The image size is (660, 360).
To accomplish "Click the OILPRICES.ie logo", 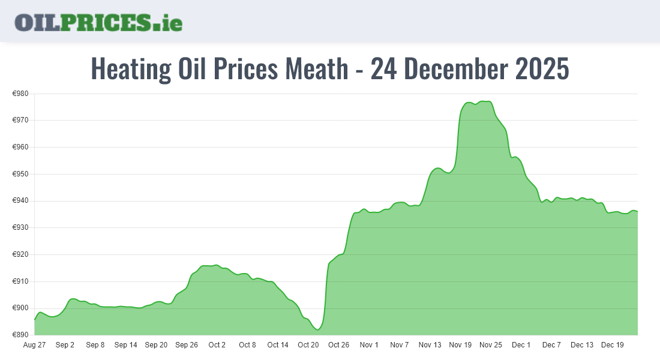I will (x=98, y=22).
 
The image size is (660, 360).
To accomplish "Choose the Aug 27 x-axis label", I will (x=34, y=345).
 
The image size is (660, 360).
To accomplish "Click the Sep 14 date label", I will (x=125, y=345).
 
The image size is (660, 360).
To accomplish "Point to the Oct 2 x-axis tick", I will (x=217, y=345).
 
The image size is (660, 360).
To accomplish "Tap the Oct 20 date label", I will (x=308, y=345).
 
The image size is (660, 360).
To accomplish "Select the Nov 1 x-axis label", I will (x=369, y=345).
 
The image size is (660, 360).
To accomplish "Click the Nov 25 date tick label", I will (x=491, y=345).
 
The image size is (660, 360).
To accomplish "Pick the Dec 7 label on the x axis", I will (x=551, y=345).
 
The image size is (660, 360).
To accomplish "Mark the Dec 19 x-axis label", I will (x=613, y=345).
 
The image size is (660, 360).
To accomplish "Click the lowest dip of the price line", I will (x=318, y=330).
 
